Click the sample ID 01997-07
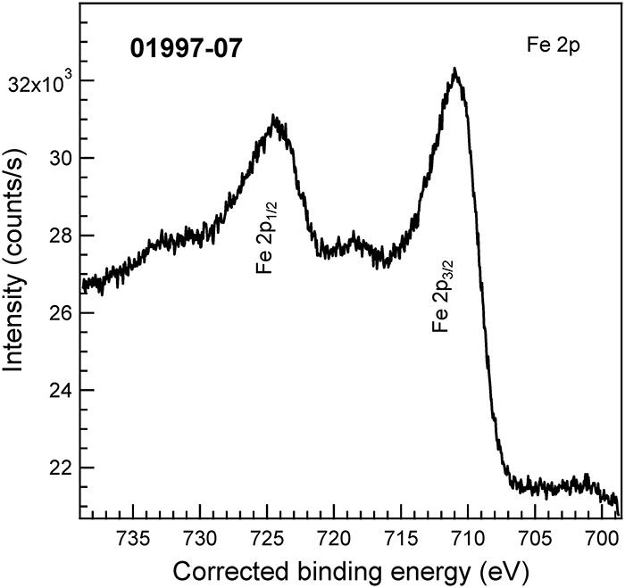187,48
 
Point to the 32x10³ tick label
41,86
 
